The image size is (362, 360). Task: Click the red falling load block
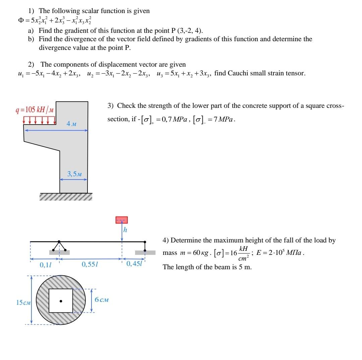(122, 220)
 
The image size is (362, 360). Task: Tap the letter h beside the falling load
(125, 230)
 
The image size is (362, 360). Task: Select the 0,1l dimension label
(44, 265)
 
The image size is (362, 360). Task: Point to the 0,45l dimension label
(134, 264)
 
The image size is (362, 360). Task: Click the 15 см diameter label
(23, 303)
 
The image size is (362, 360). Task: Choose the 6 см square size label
(102, 300)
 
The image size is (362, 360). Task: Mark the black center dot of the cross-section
(61, 301)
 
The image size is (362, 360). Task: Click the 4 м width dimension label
(71, 124)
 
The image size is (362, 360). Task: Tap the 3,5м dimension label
(74, 174)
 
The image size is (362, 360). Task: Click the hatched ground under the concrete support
(66, 197)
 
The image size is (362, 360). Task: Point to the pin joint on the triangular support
(59, 241)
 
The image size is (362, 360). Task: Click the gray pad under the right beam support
(145, 253)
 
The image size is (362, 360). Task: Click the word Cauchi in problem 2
(236, 73)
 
